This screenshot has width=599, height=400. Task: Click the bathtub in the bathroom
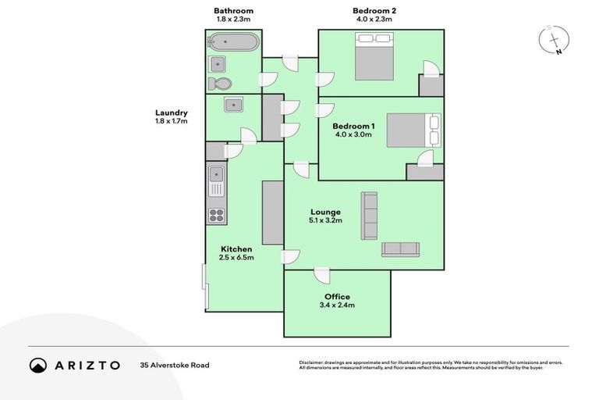[232, 41]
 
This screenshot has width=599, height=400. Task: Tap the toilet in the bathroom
[221, 84]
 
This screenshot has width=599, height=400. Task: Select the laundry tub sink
[232, 105]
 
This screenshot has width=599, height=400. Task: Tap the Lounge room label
[325, 212]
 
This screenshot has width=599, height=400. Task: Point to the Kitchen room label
[236, 249]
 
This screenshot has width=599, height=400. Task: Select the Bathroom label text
[234, 11]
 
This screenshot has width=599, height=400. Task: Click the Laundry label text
[171, 112]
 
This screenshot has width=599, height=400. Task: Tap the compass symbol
[554, 40]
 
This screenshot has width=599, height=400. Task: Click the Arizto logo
[75, 365]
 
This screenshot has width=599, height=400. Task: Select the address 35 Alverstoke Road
[175, 365]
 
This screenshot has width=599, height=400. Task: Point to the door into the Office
[321, 274]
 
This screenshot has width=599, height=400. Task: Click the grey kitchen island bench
[272, 212]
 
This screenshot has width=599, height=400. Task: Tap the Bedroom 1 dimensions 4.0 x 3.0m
[353, 135]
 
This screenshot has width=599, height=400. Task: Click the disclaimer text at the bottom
[430, 365]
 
